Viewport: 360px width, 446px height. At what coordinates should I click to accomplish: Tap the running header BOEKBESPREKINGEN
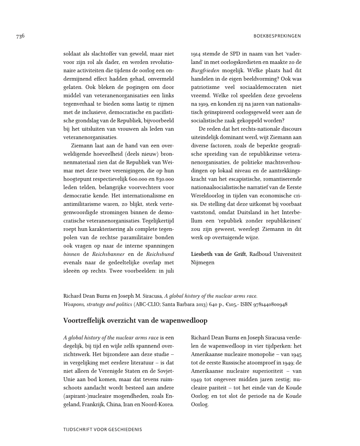[276, 36]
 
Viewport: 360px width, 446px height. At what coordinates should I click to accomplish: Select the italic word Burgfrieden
[207, 71]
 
